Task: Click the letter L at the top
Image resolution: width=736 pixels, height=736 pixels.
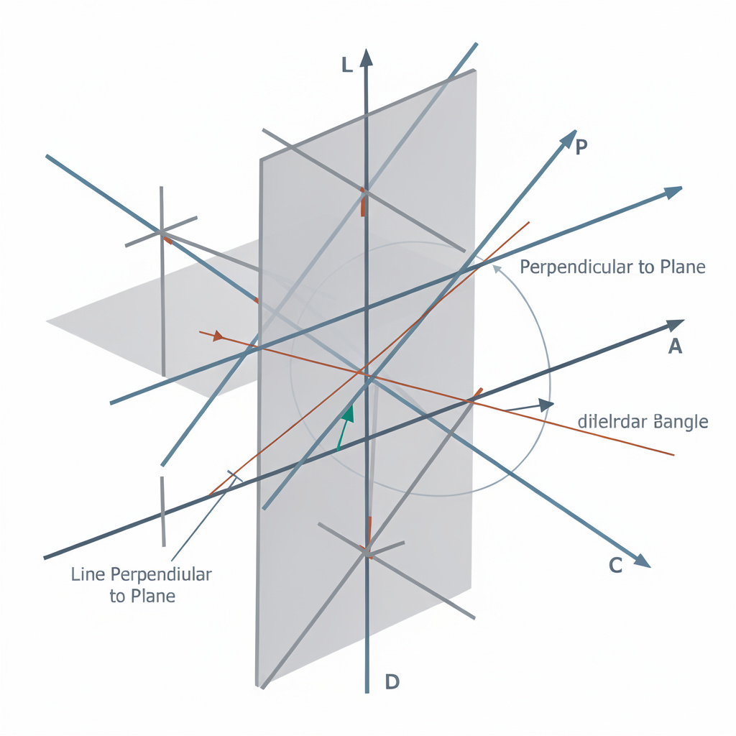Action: tap(346, 65)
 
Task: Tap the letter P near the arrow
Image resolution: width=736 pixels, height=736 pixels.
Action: tap(582, 147)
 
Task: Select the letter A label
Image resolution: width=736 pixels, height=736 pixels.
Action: tap(675, 347)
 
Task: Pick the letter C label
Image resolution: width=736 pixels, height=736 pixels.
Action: tap(616, 565)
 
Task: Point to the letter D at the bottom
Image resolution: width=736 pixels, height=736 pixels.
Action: tap(392, 681)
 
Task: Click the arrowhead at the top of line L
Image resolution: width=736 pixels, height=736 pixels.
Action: tap(367, 57)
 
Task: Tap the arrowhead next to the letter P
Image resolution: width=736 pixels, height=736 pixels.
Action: tap(568, 138)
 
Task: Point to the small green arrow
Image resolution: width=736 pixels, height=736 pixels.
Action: tap(348, 414)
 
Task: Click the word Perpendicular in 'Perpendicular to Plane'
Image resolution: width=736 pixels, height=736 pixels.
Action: tap(577, 267)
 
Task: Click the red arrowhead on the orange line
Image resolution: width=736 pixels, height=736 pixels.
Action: tap(218, 336)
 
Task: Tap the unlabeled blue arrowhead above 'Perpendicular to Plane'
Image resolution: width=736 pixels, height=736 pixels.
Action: tap(672, 192)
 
